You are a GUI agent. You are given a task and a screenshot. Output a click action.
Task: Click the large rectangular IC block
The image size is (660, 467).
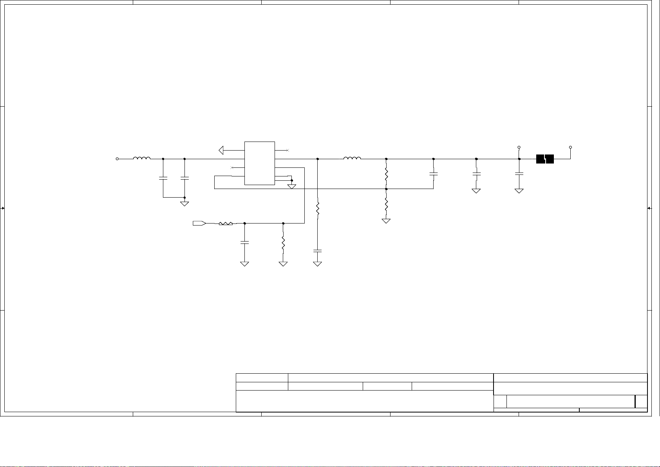(x=259, y=163)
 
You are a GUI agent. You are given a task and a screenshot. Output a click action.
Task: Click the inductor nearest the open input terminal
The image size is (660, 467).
(x=142, y=158)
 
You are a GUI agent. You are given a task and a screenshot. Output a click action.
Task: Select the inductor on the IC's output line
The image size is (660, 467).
(x=352, y=158)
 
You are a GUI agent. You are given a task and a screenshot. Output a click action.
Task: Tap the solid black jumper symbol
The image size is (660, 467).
(x=545, y=159)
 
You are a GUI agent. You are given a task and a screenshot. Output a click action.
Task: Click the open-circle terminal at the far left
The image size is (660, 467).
(x=117, y=159)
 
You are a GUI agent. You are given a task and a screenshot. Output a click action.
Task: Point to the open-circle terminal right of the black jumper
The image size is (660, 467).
(x=570, y=147)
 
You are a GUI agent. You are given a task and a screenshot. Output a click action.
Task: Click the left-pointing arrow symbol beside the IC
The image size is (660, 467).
(x=222, y=150)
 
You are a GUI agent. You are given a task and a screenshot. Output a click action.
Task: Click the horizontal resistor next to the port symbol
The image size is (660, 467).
(x=226, y=224)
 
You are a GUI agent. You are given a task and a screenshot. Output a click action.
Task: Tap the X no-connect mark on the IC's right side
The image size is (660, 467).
(x=288, y=150)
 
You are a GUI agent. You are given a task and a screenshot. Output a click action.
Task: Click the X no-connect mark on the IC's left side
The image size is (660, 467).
(x=232, y=168)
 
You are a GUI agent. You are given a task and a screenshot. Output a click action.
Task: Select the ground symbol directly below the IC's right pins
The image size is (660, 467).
(x=292, y=186)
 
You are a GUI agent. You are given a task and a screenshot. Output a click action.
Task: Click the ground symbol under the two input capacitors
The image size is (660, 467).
(x=184, y=204)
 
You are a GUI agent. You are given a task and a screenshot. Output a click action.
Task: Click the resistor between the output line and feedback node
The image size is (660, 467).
(x=386, y=174)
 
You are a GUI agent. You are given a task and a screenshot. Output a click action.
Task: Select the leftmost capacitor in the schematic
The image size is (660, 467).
(x=163, y=178)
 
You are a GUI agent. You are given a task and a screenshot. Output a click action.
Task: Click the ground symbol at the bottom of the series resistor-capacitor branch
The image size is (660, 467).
(x=318, y=264)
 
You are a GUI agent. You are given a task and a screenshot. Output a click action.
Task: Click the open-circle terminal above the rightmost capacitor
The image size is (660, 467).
(x=519, y=147)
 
